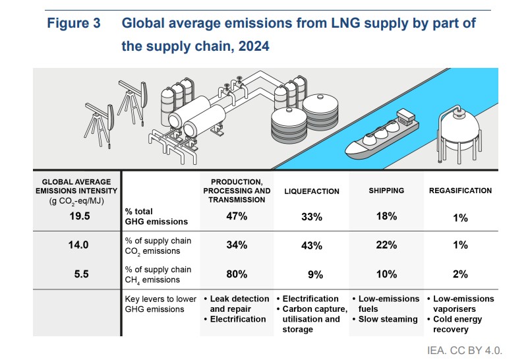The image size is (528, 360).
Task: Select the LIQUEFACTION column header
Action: point(312,191)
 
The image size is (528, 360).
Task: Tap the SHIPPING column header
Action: point(386,191)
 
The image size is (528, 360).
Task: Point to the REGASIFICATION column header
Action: point(460,191)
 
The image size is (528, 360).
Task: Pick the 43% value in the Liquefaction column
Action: point(312,245)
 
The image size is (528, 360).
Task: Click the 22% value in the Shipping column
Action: point(386,245)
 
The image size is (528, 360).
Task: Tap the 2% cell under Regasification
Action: point(461,274)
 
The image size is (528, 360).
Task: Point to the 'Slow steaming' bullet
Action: point(389,319)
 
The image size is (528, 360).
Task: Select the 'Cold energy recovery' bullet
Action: point(460,324)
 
